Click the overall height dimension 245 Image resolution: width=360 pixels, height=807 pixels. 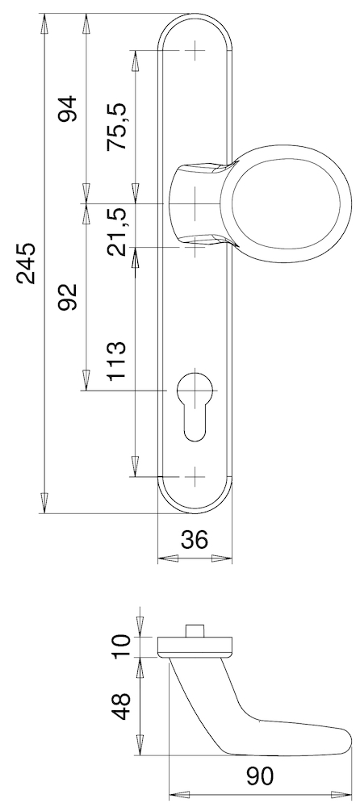point(26,263)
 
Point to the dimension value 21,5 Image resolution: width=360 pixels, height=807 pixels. point(119,231)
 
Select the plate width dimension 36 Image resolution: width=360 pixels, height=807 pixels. point(194,539)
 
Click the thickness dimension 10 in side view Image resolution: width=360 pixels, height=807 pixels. point(121,646)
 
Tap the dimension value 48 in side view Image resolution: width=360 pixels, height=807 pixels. point(121,706)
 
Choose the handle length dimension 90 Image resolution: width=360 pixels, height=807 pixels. point(260,776)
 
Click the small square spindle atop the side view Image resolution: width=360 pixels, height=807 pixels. point(195,629)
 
